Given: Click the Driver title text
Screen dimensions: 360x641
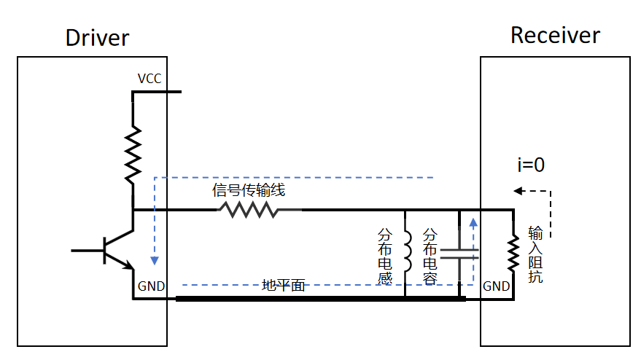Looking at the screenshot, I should point(97,38).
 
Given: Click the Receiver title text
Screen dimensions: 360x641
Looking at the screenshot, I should point(555,35).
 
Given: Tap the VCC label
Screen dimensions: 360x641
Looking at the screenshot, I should point(149,78).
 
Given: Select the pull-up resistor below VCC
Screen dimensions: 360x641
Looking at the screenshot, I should point(133,154).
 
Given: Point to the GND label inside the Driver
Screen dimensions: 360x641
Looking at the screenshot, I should point(151,286).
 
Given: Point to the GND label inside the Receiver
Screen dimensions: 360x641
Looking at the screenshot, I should point(497,286).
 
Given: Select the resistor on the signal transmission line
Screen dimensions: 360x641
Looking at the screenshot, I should point(248,210).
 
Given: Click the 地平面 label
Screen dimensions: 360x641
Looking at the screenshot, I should point(283,286).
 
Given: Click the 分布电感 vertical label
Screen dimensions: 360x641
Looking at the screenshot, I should point(385,257).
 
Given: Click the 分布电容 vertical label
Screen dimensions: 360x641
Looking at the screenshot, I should point(430,257).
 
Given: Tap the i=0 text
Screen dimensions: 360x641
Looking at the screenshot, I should point(531,165).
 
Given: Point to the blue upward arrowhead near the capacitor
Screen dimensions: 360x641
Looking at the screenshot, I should point(473,222).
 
